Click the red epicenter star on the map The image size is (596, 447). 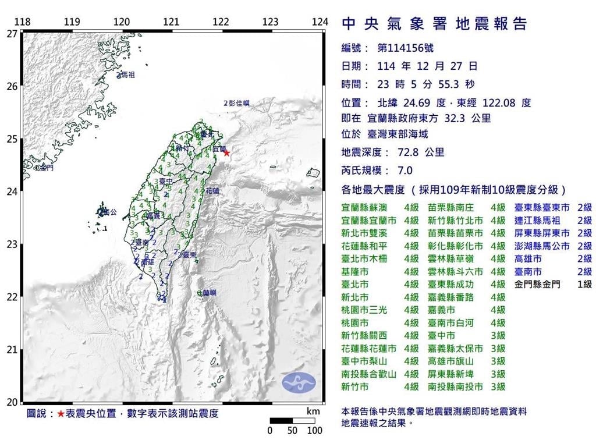click(x=226, y=153)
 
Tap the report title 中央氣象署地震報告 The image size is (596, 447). click(x=434, y=24)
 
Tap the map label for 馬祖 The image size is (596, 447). click(x=127, y=75)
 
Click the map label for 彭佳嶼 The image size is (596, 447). click(x=239, y=103)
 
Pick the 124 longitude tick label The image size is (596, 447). click(x=320, y=22)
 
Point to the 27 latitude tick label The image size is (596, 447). click(x=11, y=34)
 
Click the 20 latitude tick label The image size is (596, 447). click(x=11, y=402)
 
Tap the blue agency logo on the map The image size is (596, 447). click(x=299, y=382)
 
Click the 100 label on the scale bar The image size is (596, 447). click(x=314, y=431)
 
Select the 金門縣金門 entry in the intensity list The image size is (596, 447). click(x=538, y=285)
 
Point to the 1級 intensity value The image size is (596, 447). click(x=584, y=285)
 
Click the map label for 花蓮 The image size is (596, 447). click(x=213, y=191)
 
